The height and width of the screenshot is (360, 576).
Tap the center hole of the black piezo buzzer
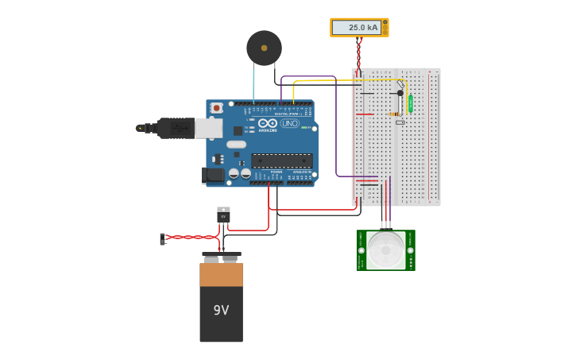tap(264, 48)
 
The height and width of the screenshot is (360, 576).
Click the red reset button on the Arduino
tap(216, 107)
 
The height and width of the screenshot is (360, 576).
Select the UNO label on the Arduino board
tap(290, 123)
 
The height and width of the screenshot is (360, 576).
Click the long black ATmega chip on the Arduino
tap(281, 161)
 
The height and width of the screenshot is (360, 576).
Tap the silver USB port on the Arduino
tap(208, 128)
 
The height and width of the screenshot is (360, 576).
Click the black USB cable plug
tap(175, 128)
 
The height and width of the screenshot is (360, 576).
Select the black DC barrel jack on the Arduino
tap(213, 175)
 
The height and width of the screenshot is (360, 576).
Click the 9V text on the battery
tap(221, 310)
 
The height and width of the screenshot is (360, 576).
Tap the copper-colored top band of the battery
tap(221, 275)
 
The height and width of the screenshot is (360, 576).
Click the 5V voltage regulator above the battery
tap(223, 215)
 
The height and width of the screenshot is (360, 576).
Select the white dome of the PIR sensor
tap(386, 250)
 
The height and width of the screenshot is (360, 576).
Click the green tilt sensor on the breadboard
tap(410, 103)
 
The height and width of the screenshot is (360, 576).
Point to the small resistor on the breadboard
tap(395, 114)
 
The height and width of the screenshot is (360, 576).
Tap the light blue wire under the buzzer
tap(253, 79)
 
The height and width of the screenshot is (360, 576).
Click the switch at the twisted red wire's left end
tap(162, 238)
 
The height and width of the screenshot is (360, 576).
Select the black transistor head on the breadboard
tap(400, 93)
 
